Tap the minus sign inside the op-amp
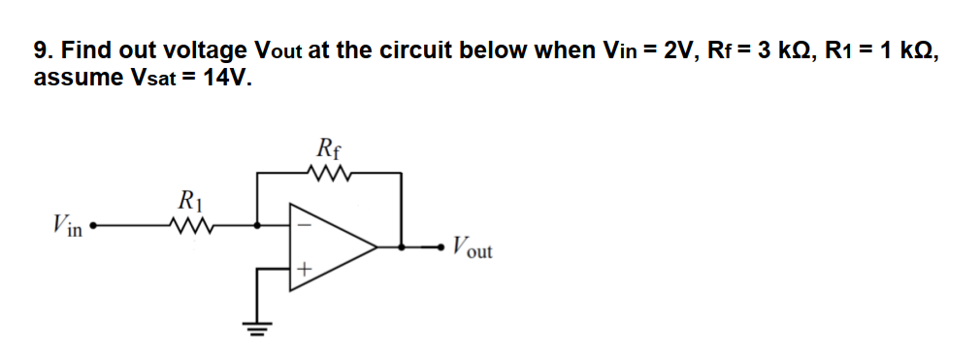(301, 223)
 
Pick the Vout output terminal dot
(441, 247)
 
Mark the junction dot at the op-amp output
(402, 247)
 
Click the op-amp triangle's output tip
(377, 247)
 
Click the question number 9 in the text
(41, 50)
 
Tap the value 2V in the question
(678, 50)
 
